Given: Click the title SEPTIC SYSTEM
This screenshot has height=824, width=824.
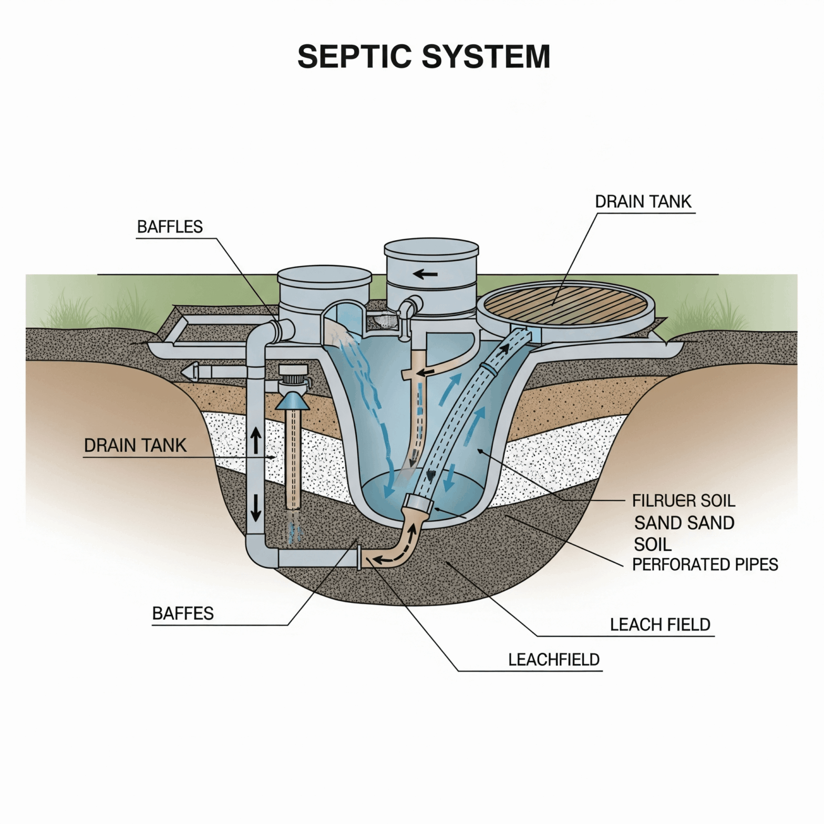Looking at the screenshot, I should pos(424,56).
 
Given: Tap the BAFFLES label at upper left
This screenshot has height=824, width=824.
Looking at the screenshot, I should pos(170,227).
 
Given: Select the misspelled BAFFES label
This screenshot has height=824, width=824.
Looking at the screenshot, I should pos(183,613).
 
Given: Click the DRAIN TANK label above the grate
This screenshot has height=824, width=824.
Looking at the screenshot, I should pos(643,202).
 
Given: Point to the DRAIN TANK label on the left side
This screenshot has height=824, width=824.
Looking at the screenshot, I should pos(135,446).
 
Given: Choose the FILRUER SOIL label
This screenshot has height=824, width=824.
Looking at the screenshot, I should pos(683,501).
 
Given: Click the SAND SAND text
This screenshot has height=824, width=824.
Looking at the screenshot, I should pos(684,523).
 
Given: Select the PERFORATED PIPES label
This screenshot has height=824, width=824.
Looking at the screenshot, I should pos(704,564).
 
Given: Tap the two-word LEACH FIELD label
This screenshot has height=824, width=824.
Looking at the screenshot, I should pos(660,625).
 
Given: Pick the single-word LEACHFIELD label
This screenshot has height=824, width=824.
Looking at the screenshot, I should pos(553,660).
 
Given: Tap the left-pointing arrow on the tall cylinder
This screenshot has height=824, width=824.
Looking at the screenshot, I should pos(425,274).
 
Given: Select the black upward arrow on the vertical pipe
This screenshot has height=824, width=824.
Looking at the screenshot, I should pos(256,440).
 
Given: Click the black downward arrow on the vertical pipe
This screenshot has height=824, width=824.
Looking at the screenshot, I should pos(256,508).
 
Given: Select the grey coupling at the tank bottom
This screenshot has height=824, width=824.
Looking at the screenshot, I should pos(418,503).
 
